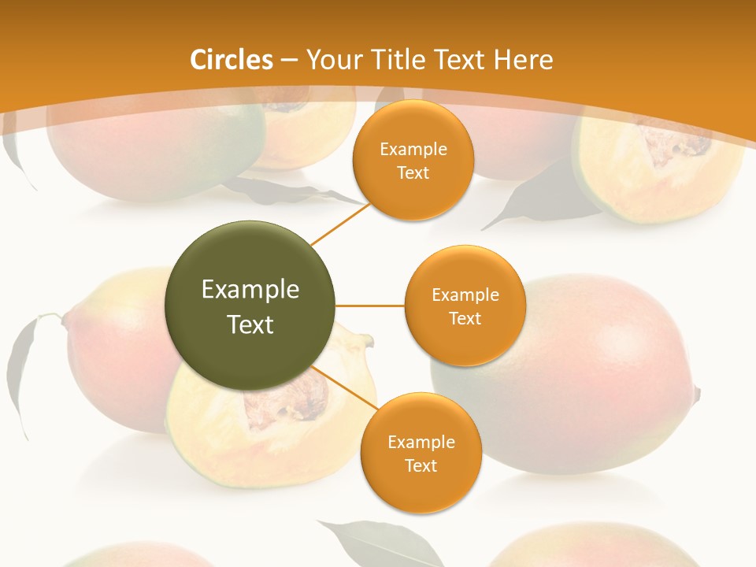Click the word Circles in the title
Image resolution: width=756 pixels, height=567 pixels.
click(x=231, y=60)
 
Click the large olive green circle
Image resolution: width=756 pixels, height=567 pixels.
click(x=250, y=306)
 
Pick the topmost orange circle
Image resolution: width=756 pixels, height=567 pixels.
click(x=413, y=160)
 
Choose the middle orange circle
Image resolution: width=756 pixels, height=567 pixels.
click(x=465, y=306)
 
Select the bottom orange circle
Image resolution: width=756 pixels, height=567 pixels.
click(x=421, y=454)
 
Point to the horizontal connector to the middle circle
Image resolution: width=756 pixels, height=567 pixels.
click(x=370, y=306)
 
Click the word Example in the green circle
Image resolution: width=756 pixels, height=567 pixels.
click(x=250, y=289)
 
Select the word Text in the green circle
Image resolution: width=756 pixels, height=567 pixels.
click(x=250, y=324)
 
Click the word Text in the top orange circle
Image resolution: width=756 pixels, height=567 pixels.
click(x=413, y=172)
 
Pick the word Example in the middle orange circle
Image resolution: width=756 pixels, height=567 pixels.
click(x=465, y=295)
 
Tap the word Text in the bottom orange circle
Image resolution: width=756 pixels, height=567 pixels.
click(x=421, y=465)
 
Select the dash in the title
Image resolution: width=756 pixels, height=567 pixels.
click(x=289, y=60)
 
